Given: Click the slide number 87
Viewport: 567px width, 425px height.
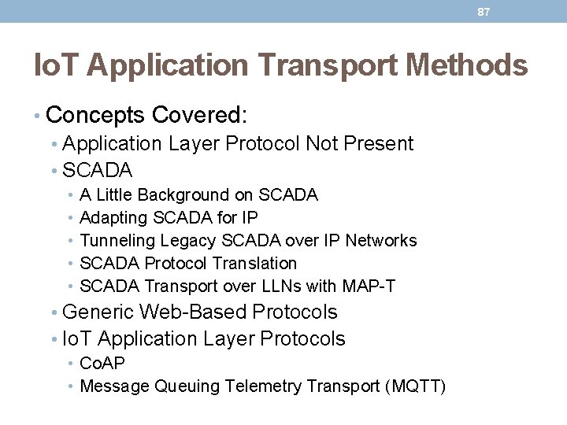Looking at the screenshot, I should (484, 12).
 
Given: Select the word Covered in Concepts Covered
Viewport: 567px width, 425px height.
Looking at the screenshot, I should (199, 116).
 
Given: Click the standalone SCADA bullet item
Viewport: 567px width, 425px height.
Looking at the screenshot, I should (97, 170).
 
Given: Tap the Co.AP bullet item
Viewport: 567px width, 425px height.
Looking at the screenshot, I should (102, 363).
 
